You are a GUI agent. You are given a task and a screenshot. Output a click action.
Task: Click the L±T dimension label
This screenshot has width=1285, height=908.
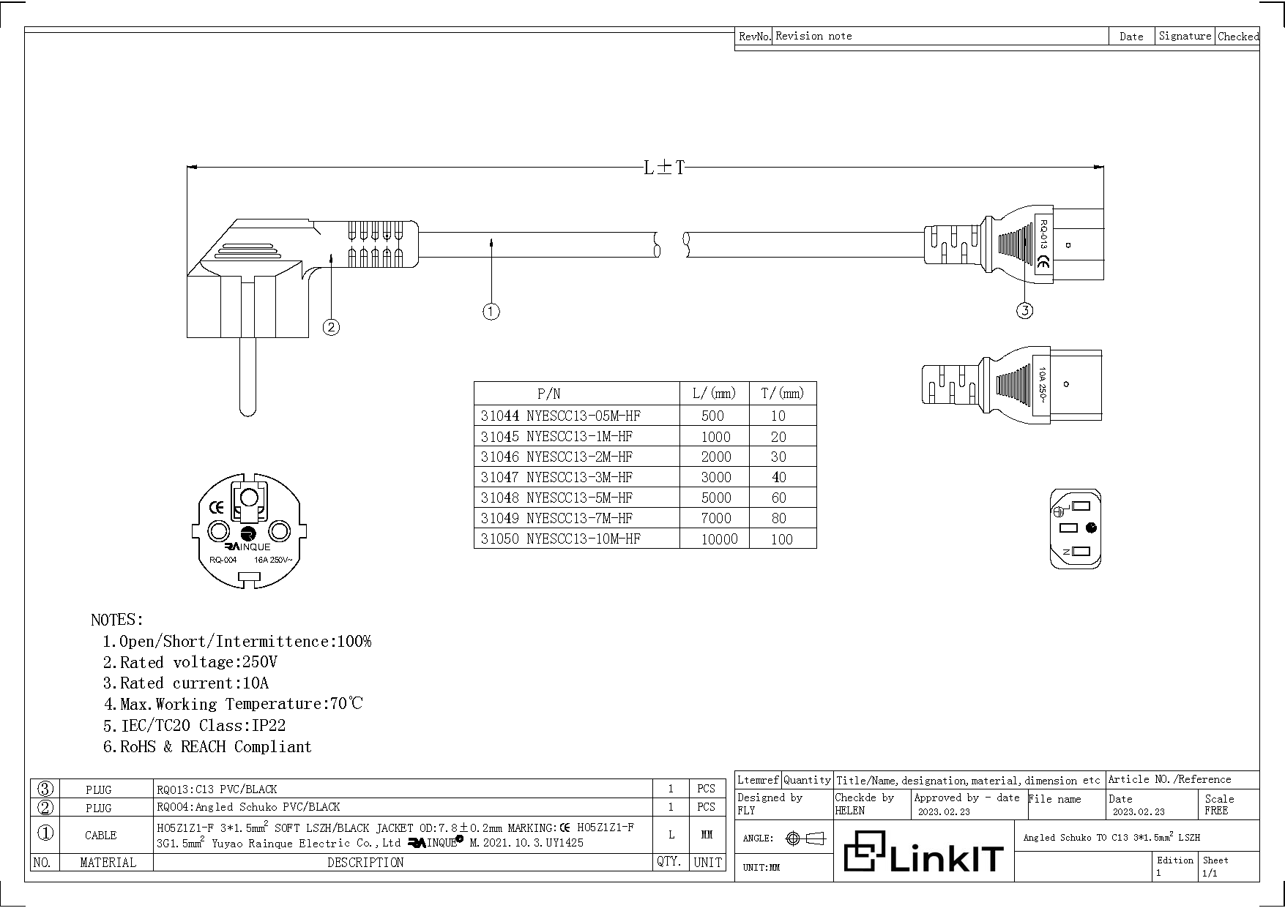(x=664, y=168)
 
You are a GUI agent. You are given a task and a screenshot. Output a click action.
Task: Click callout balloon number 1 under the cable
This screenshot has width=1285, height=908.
(x=491, y=312)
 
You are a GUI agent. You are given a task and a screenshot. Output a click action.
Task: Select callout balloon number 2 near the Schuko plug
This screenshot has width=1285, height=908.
(x=331, y=327)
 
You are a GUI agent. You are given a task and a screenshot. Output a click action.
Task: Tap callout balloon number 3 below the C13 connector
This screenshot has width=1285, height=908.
(x=1024, y=311)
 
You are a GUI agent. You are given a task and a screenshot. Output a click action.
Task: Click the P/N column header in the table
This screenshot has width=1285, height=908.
(x=548, y=394)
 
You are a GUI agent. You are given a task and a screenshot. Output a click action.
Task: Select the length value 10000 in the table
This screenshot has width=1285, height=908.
(x=719, y=539)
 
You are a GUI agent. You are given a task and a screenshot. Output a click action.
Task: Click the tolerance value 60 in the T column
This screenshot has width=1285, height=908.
(x=778, y=498)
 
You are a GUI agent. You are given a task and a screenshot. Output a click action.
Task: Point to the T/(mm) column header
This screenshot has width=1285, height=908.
(x=782, y=394)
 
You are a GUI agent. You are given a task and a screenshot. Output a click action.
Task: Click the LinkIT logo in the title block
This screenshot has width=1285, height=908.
(x=923, y=852)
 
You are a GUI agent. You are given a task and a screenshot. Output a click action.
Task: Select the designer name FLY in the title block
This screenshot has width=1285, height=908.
(x=746, y=811)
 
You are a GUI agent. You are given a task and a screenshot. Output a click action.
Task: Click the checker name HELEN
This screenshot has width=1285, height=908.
(x=849, y=811)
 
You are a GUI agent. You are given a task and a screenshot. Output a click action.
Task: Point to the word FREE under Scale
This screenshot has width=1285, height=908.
(x=1215, y=811)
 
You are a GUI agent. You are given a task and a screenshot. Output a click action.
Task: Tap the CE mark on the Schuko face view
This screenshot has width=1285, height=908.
(x=216, y=507)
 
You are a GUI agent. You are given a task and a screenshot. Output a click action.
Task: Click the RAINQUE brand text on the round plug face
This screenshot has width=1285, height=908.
(x=247, y=547)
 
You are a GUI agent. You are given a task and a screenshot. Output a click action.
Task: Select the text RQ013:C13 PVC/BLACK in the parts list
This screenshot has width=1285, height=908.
(x=217, y=789)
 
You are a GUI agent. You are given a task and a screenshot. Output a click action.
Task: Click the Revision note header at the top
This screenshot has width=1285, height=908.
(x=813, y=36)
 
